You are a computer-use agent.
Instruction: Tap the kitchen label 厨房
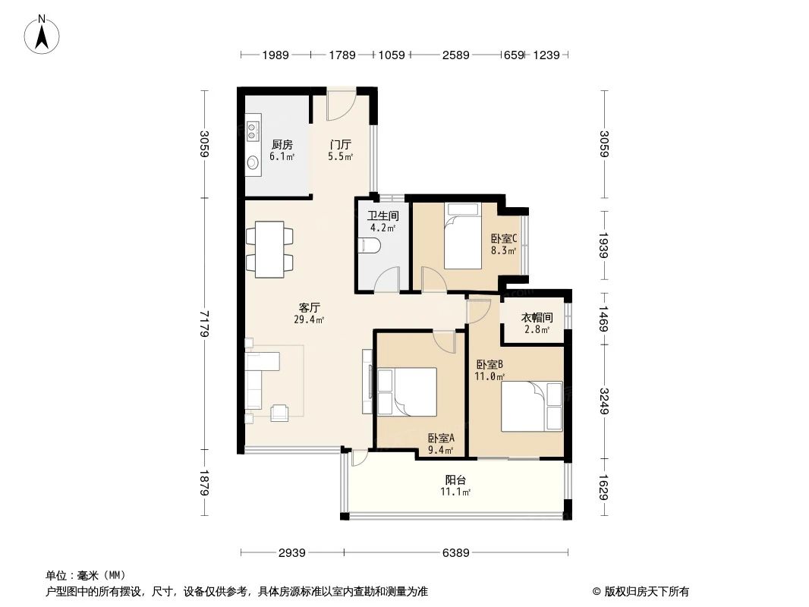tap(282, 144)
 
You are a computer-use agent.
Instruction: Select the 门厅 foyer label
tap(340, 144)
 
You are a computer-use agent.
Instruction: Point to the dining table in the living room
tap(269, 249)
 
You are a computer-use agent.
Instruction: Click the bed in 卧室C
tap(461, 237)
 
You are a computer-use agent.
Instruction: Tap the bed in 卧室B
tap(532, 405)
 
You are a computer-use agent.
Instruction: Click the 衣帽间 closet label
tap(537, 317)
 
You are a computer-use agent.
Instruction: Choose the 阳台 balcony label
tap(455, 480)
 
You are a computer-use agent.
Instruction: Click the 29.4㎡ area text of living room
tap(309, 320)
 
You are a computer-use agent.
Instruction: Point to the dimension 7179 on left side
tap(203, 322)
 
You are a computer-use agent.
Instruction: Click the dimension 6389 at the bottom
tap(455, 553)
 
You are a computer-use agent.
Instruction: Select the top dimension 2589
tap(455, 54)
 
